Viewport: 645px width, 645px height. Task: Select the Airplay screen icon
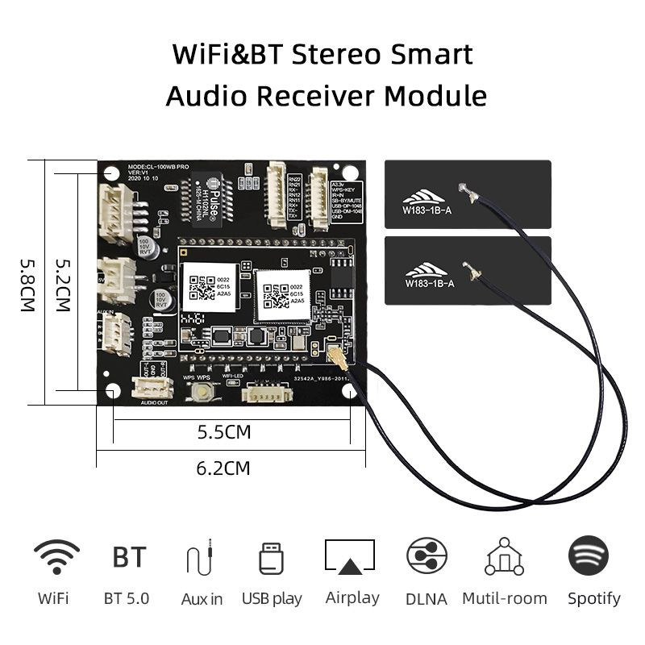point(350,556)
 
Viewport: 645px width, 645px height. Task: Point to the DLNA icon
point(427,556)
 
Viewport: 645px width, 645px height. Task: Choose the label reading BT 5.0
point(127,598)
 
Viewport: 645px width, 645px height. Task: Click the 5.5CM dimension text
point(224,432)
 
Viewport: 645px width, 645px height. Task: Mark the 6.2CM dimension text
point(223,468)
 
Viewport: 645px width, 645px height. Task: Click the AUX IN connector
point(115,331)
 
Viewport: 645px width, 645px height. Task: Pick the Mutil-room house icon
point(505,556)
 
